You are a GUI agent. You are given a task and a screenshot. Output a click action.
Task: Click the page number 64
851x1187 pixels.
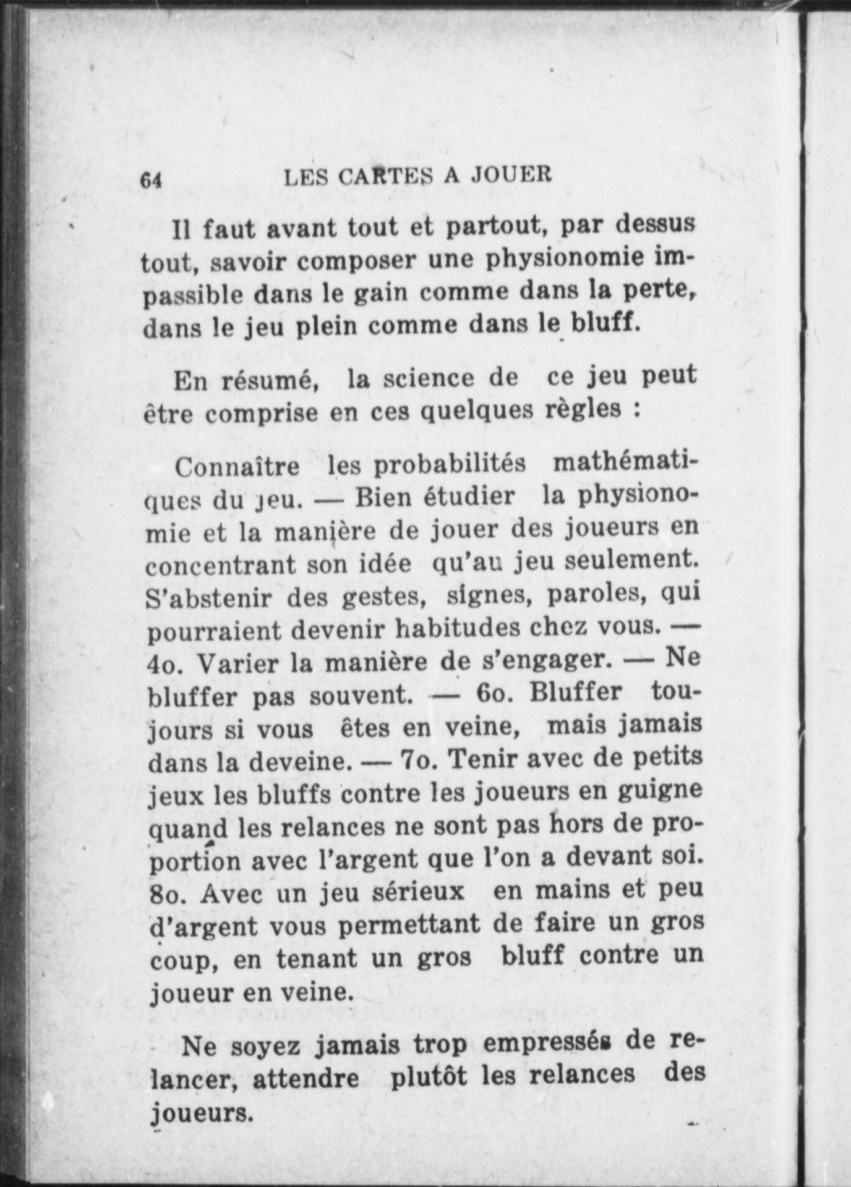pos(151,180)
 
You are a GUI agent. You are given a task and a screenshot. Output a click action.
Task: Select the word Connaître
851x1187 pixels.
pos(237,467)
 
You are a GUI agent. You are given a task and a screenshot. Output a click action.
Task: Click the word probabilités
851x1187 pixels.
pos(450,465)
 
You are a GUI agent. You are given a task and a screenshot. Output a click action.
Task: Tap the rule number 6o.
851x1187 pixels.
pos(493,692)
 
